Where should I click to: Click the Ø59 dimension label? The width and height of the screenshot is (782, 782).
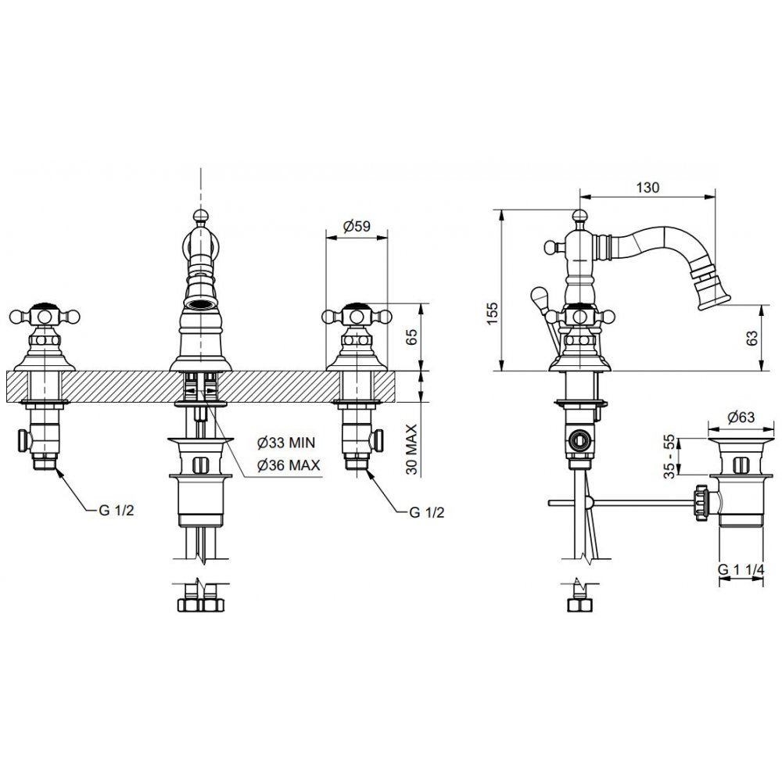click(357, 226)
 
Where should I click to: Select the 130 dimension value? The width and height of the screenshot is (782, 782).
click(647, 188)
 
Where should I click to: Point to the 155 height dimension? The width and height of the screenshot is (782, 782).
click(493, 314)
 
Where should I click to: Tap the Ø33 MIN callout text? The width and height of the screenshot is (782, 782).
click(286, 442)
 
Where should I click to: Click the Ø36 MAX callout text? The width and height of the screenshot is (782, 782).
click(289, 465)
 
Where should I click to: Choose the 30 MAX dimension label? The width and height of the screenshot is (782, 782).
click(411, 449)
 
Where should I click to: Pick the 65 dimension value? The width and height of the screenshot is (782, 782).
click(411, 338)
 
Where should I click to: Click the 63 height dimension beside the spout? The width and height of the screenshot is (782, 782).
click(752, 338)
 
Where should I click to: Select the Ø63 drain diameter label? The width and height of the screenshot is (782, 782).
click(741, 417)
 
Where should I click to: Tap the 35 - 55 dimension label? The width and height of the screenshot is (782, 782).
click(670, 457)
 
